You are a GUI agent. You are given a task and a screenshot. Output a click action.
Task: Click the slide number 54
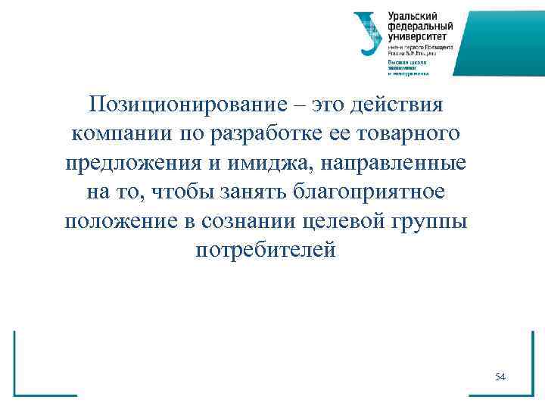pyautogui.click(x=500, y=376)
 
